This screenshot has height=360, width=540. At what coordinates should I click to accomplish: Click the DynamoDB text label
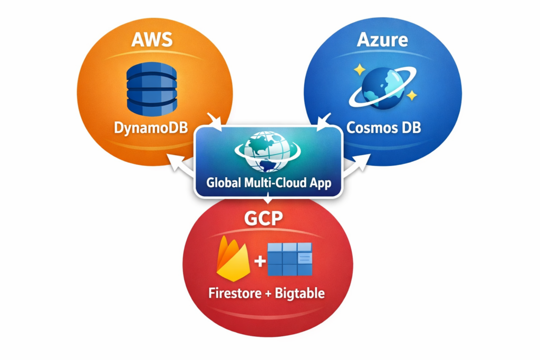click(151, 128)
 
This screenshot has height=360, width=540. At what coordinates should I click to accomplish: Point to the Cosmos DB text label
click(383, 128)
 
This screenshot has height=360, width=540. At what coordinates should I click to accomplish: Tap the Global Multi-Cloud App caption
click(268, 184)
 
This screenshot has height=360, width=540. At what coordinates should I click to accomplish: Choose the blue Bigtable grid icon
click(290, 259)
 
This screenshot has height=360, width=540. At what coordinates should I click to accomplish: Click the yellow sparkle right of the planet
click(412, 95)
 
